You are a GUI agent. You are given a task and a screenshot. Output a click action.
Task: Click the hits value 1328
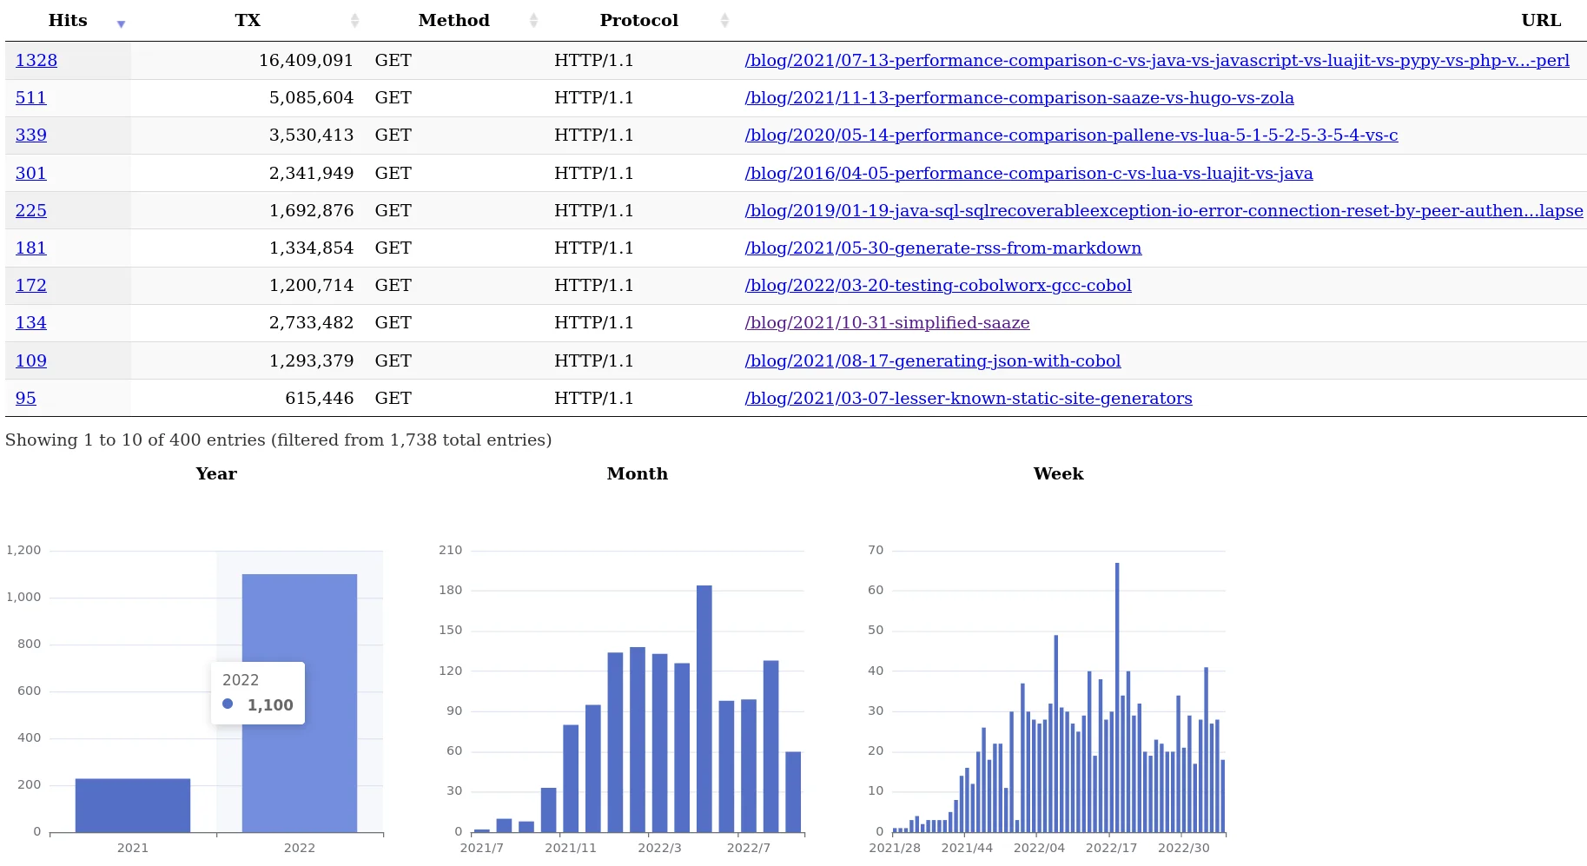[36, 61]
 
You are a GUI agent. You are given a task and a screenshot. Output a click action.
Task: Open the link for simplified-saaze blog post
[887, 323]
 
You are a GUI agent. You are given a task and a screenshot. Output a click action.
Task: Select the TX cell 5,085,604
[311, 98]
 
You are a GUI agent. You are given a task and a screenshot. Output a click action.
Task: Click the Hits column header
[68, 21]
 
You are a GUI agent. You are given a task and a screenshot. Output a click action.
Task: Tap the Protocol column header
[638, 21]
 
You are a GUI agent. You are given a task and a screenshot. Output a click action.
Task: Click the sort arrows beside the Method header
[533, 21]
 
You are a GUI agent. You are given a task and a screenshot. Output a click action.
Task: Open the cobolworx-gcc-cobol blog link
[938, 286]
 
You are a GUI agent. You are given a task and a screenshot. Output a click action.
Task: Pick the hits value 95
[26, 399]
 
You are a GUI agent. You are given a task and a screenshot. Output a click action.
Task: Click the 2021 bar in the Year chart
[133, 805]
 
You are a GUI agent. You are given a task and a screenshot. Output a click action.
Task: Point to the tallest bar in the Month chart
[704, 708]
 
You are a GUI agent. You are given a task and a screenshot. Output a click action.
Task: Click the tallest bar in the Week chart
[1117, 695]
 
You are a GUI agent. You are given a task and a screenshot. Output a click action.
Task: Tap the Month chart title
[638, 474]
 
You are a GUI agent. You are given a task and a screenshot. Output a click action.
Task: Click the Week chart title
[1058, 474]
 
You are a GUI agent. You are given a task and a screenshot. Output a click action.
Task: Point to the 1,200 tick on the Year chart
[23, 551]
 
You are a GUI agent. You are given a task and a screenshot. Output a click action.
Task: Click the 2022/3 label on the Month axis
[659, 848]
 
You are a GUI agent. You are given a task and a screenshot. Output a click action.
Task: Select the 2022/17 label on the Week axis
[1111, 848]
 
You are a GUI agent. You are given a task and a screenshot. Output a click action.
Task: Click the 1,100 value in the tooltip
[270, 705]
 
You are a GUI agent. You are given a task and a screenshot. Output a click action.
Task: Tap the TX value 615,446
[319, 399]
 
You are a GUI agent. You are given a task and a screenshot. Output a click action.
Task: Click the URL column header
[1541, 21]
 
